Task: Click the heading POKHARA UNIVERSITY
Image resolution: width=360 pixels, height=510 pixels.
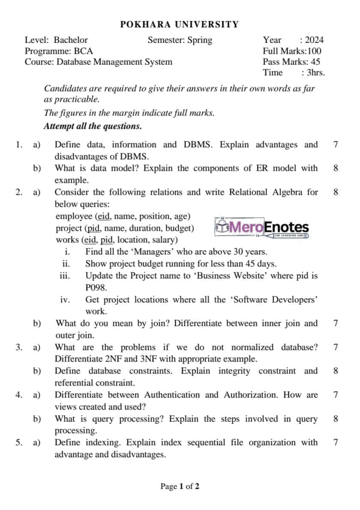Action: (x=180, y=24)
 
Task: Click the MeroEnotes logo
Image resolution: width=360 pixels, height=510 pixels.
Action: (x=262, y=228)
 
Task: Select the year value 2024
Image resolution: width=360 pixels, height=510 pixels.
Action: (x=314, y=40)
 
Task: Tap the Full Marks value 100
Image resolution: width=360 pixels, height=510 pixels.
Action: (x=314, y=51)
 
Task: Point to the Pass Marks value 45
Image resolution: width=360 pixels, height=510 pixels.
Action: (x=315, y=62)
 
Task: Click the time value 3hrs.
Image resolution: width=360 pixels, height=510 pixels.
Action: (x=316, y=73)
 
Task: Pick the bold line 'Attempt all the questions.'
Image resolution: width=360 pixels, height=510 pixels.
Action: (x=93, y=126)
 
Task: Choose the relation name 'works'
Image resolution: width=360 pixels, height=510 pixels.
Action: (x=67, y=240)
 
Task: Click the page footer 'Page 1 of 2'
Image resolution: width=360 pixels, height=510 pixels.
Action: (x=180, y=486)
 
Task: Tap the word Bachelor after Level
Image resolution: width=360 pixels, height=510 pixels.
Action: (x=71, y=40)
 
